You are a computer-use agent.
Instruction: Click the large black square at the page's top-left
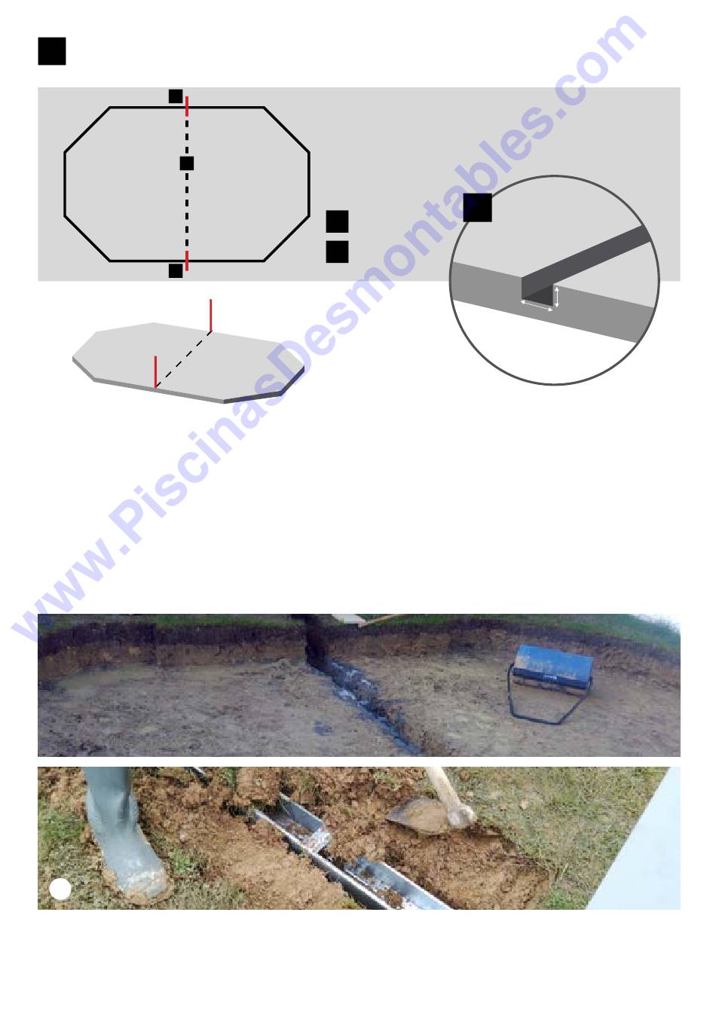click(x=51, y=51)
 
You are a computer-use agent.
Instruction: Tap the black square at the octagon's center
click(x=187, y=163)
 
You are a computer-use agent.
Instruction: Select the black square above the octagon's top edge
click(x=176, y=96)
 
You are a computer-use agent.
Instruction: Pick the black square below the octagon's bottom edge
click(x=176, y=270)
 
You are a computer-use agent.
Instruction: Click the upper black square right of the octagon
click(x=338, y=221)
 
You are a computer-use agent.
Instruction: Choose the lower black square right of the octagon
click(x=338, y=252)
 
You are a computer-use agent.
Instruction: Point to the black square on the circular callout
click(x=478, y=207)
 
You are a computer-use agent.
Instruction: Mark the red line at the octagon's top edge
click(x=187, y=106)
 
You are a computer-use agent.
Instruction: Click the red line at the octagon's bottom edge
click(x=187, y=261)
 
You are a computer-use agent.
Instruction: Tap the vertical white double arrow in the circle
click(x=556, y=297)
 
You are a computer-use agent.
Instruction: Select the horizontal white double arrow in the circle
click(x=537, y=306)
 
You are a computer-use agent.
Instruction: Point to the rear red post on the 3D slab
click(x=211, y=316)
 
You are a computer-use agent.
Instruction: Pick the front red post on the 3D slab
click(x=156, y=372)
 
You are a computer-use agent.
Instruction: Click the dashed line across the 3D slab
click(x=183, y=360)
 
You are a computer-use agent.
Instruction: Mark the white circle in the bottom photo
click(x=60, y=889)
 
